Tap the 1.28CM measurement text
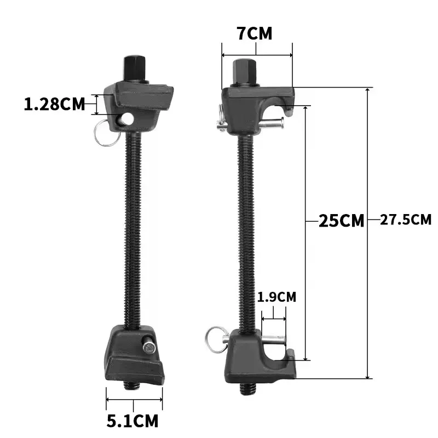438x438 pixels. [55, 103]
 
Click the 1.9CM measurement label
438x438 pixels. [276, 297]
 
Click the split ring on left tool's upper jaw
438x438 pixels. [104, 133]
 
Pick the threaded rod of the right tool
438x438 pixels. [244, 230]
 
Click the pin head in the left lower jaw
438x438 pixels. [148, 346]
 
